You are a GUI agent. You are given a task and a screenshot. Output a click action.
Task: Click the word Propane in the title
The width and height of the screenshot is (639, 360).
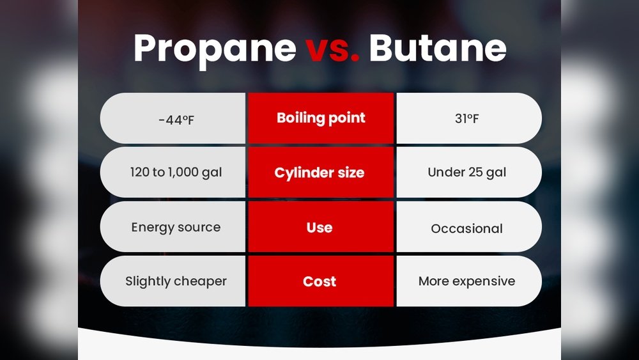(x=215, y=50)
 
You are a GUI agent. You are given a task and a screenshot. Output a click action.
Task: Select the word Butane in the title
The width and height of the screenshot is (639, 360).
(x=438, y=48)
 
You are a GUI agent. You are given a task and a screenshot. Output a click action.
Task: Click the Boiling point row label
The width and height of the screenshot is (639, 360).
(x=321, y=118)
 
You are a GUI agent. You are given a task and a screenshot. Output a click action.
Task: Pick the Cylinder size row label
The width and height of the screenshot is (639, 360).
(x=319, y=173)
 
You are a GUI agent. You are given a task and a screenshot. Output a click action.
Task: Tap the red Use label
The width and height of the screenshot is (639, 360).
(x=319, y=228)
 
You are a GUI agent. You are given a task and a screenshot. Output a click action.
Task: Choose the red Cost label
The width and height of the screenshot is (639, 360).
(x=319, y=281)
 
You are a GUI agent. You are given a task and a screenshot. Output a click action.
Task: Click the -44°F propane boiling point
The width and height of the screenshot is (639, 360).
(x=176, y=120)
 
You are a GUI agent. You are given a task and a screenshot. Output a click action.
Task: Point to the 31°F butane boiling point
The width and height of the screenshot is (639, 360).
(x=467, y=119)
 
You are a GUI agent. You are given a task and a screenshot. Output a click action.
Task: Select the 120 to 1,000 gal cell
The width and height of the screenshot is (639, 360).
(x=176, y=173)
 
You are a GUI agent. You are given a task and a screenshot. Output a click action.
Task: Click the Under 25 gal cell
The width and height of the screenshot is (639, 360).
(x=467, y=173)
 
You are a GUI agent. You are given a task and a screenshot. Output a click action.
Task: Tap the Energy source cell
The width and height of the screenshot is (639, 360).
(x=176, y=228)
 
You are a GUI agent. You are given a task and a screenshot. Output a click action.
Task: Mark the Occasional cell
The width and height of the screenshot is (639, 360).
(x=467, y=229)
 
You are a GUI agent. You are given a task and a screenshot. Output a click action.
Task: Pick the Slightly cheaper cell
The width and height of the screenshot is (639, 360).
(x=176, y=281)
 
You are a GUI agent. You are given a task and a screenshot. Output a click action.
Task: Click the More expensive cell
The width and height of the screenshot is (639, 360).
(x=467, y=281)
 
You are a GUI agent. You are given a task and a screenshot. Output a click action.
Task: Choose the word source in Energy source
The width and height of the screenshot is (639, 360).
(x=199, y=228)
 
